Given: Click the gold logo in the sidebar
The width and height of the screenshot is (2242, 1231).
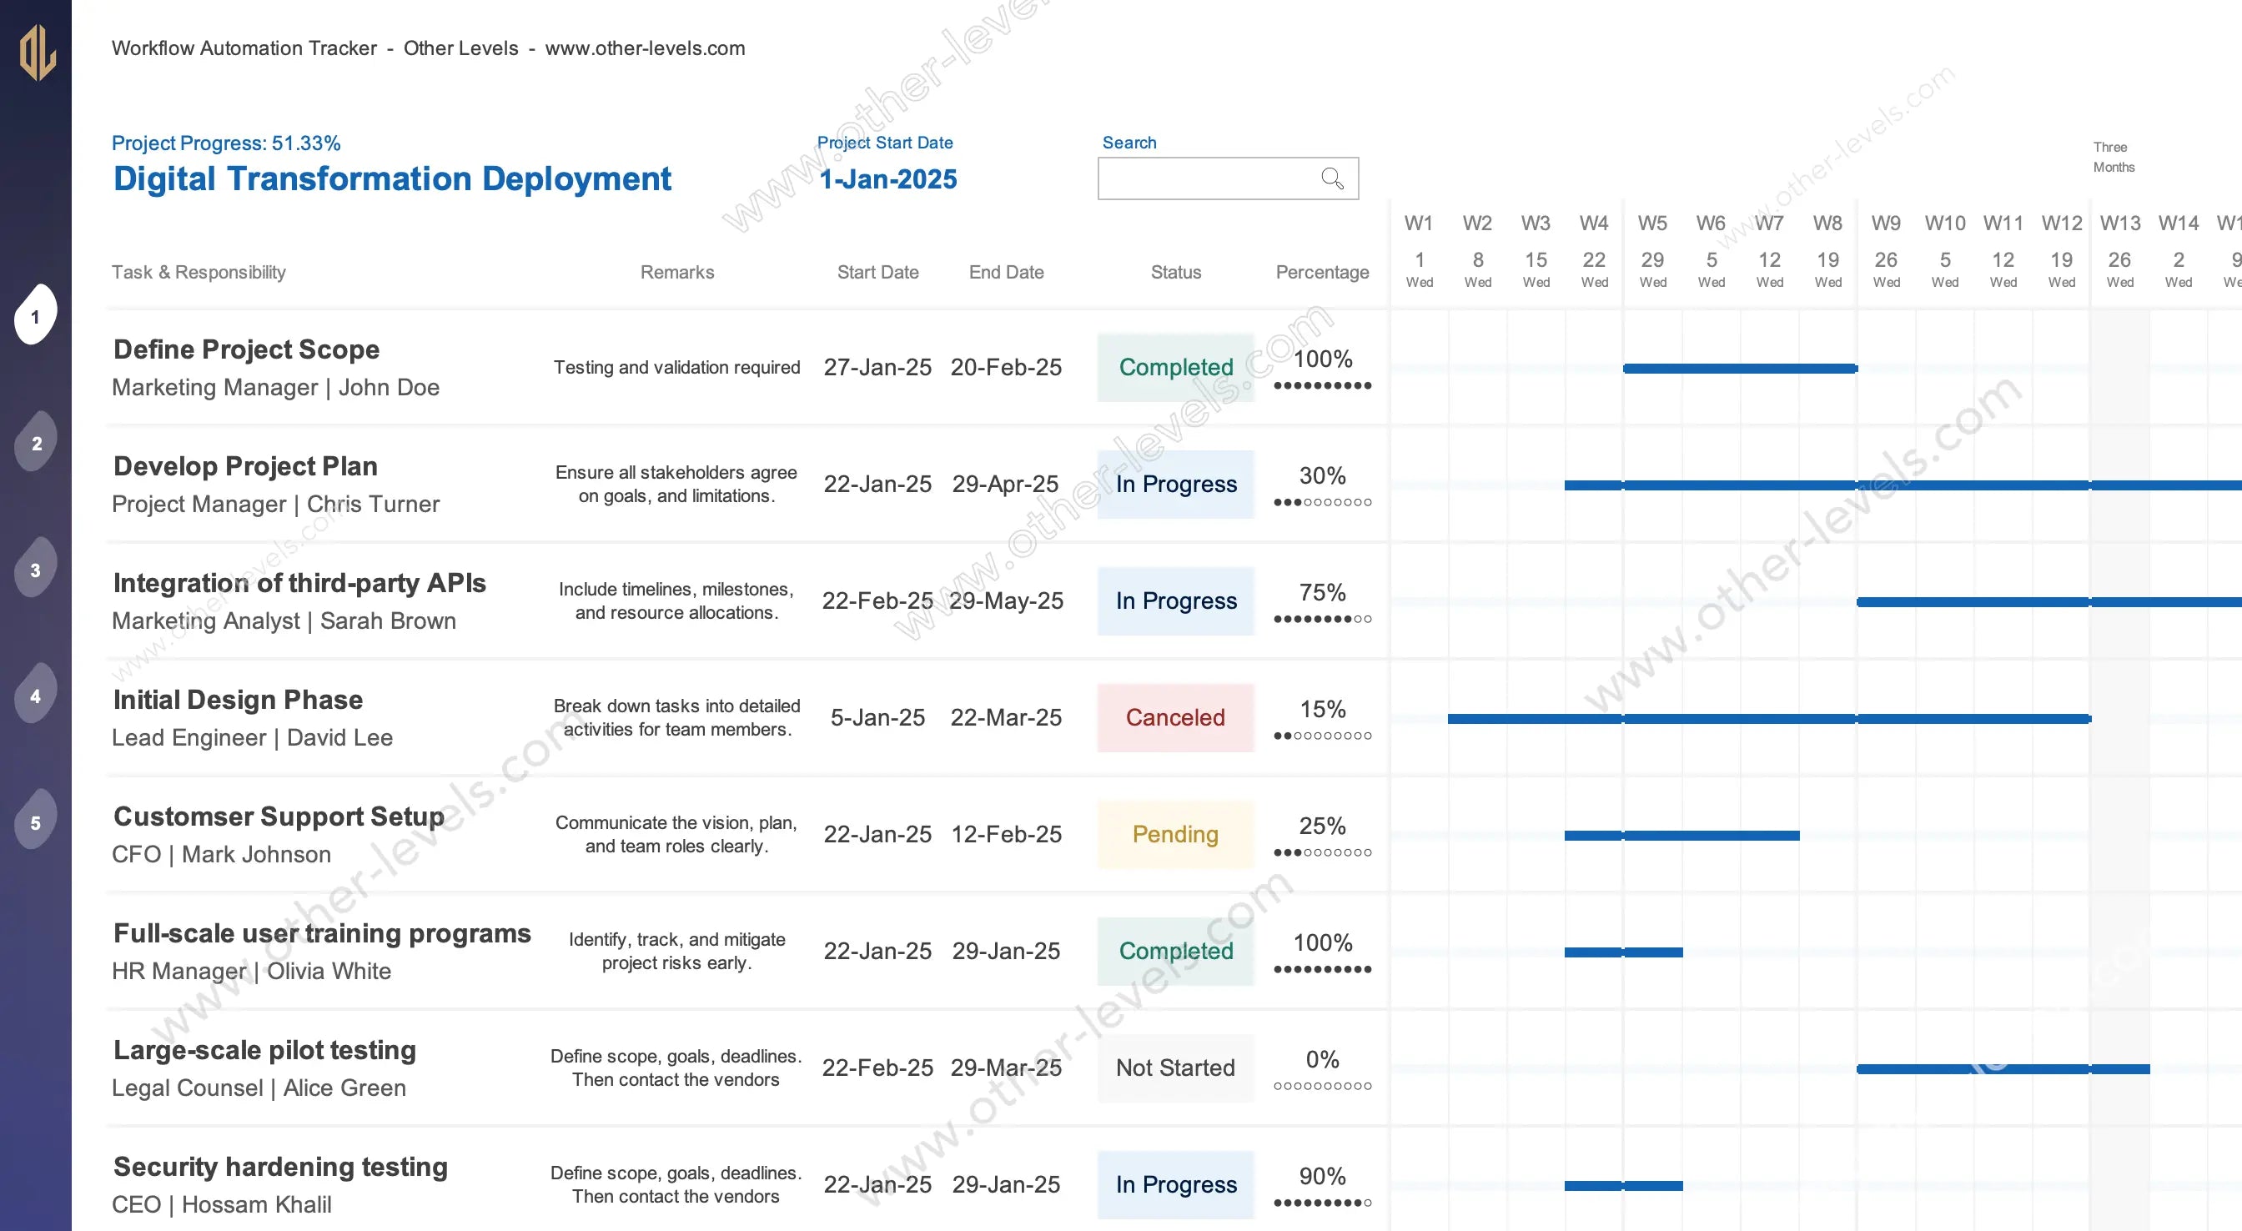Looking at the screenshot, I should click(38, 53).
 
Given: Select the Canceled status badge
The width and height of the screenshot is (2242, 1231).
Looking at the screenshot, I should click(1175, 717).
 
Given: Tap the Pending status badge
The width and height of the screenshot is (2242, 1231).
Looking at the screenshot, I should click(1175, 834).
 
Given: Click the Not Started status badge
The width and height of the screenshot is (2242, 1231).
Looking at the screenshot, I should click(1175, 1068).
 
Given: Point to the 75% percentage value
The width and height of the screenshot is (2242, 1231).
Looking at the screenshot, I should click(1322, 593).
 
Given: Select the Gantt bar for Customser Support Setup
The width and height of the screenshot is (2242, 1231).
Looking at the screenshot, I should click(1681, 836).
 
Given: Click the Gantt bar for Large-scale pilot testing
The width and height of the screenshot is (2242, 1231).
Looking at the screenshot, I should click(2002, 1069).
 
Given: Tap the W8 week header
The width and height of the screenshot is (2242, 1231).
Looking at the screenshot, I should click(1827, 223).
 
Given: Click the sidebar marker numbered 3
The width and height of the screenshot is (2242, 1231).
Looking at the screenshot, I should click(36, 570).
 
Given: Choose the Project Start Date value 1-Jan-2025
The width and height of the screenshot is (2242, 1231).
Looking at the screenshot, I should click(887, 179).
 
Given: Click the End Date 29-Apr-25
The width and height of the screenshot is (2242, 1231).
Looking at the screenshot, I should click(1005, 484).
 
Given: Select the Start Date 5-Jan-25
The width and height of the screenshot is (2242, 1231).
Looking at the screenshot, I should click(877, 717).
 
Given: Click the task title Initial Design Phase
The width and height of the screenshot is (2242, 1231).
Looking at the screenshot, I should click(238, 700).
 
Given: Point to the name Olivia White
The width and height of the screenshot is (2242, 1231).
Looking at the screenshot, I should click(328, 971).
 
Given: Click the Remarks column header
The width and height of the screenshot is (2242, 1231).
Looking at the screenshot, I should click(677, 273).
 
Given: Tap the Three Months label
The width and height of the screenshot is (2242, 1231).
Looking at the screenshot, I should click(2114, 157).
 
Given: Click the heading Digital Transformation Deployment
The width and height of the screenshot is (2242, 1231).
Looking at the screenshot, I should click(392, 178).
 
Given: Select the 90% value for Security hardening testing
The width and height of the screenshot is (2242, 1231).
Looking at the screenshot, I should click(1322, 1176).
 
